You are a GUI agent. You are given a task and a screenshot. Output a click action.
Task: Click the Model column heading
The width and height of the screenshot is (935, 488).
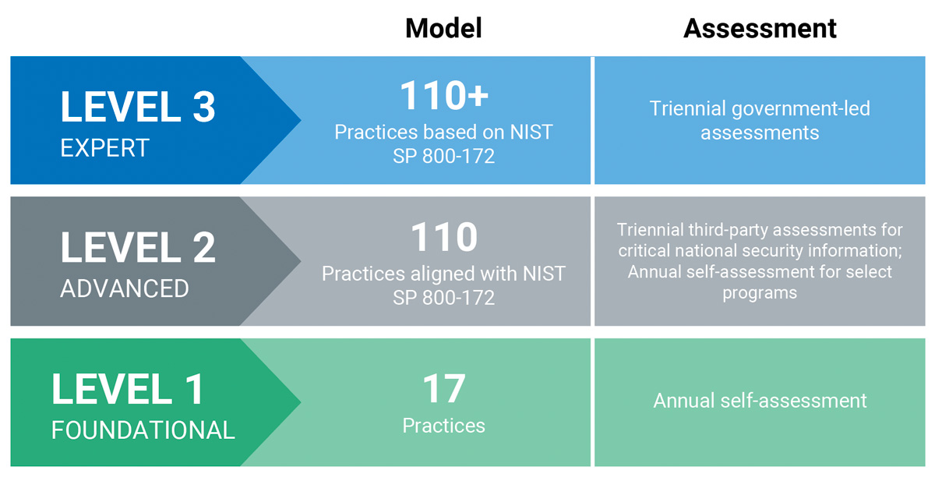click(x=443, y=28)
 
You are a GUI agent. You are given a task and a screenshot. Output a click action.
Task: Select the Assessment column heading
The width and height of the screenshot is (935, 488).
click(x=760, y=28)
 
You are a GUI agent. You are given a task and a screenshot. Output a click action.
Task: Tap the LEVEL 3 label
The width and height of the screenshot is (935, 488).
click(x=138, y=107)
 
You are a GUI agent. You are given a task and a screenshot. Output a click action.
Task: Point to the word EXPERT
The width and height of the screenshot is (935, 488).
click(x=104, y=148)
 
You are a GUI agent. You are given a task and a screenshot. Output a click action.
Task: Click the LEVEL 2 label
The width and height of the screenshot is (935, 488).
click(x=138, y=248)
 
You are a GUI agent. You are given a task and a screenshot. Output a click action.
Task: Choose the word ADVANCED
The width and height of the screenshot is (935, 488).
click(x=125, y=288)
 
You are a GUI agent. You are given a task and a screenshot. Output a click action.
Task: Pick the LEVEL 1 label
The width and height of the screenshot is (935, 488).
click(x=128, y=389)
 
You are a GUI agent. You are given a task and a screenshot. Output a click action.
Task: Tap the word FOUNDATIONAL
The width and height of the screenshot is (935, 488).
click(x=143, y=430)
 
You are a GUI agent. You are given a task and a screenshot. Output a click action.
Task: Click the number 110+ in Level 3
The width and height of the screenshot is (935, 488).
click(x=444, y=96)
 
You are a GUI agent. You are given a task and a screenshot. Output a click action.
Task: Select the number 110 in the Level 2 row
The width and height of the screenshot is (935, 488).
click(x=444, y=237)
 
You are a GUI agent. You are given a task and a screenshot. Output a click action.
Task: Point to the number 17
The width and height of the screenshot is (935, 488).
click(x=443, y=389)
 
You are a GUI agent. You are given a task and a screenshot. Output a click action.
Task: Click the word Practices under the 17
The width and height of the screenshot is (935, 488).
click(x=443, y=426)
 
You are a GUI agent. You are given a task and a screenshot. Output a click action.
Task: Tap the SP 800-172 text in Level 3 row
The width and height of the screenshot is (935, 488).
click(x=443, y=156)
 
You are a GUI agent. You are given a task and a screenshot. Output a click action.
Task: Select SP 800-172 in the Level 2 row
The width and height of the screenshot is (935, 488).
click(x=443, y=298)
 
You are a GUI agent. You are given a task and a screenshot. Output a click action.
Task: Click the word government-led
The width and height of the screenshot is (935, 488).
click(x=801, y=109)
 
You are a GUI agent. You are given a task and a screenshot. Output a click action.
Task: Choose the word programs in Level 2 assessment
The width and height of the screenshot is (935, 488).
click(x=760, y=293)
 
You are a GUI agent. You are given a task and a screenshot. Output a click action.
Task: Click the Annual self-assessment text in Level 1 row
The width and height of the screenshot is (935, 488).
click(x=760, y=401)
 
